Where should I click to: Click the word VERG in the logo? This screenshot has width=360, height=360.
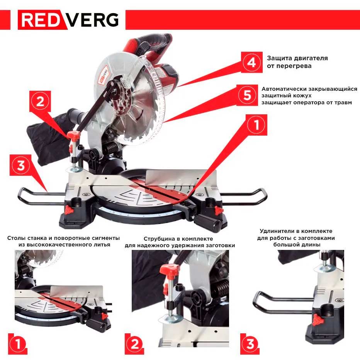point(92,20)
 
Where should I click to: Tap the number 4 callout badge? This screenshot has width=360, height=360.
point(251,62)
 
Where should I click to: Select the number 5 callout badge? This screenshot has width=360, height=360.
point(247,95)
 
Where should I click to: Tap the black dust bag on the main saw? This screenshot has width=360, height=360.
point(46,137)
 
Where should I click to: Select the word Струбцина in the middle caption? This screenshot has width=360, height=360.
point(159,239)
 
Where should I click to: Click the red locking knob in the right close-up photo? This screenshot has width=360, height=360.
point(317,319)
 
